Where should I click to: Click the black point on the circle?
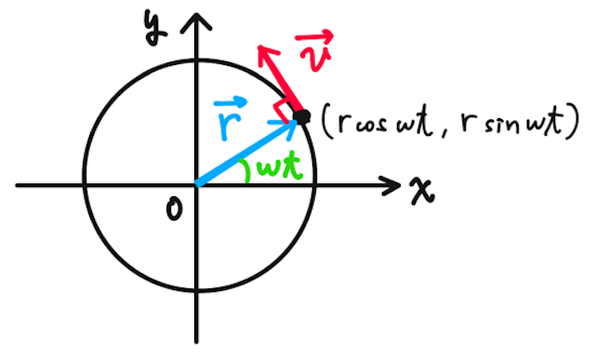(x=300, y=116)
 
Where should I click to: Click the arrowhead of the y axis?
(x=196, y=20)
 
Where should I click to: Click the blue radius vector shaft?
(x=246, y=152)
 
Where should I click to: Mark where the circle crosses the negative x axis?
(x=83, y=185)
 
